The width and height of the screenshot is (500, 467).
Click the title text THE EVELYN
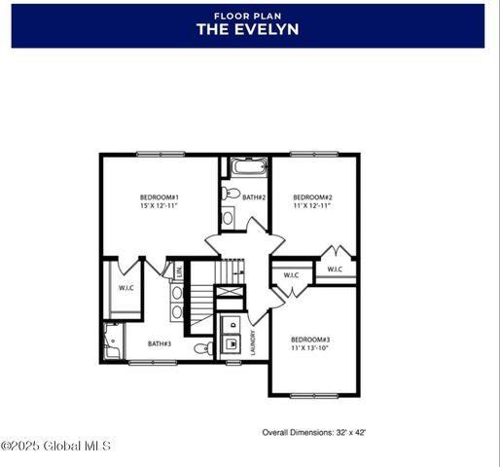(247, 29)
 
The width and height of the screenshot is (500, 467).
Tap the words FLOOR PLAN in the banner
(247, 15)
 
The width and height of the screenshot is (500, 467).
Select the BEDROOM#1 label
(159, 198)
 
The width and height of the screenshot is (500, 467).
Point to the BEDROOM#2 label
(312, 198)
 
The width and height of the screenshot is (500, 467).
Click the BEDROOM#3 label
(310, 340)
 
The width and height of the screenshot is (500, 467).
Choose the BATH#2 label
(254, 198)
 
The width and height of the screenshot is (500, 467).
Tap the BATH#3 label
(160, 343)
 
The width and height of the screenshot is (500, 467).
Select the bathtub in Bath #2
(249, 166)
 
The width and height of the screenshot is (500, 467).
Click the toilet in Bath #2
(231, 194)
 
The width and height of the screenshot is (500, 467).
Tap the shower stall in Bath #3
(112, 341)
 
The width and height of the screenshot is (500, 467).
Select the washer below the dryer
(232, 343)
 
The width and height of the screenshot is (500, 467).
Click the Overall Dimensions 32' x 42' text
(313, 431)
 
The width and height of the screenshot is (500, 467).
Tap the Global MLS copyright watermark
(55, 447)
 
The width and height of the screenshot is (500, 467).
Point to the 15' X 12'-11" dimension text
(159, 205)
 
